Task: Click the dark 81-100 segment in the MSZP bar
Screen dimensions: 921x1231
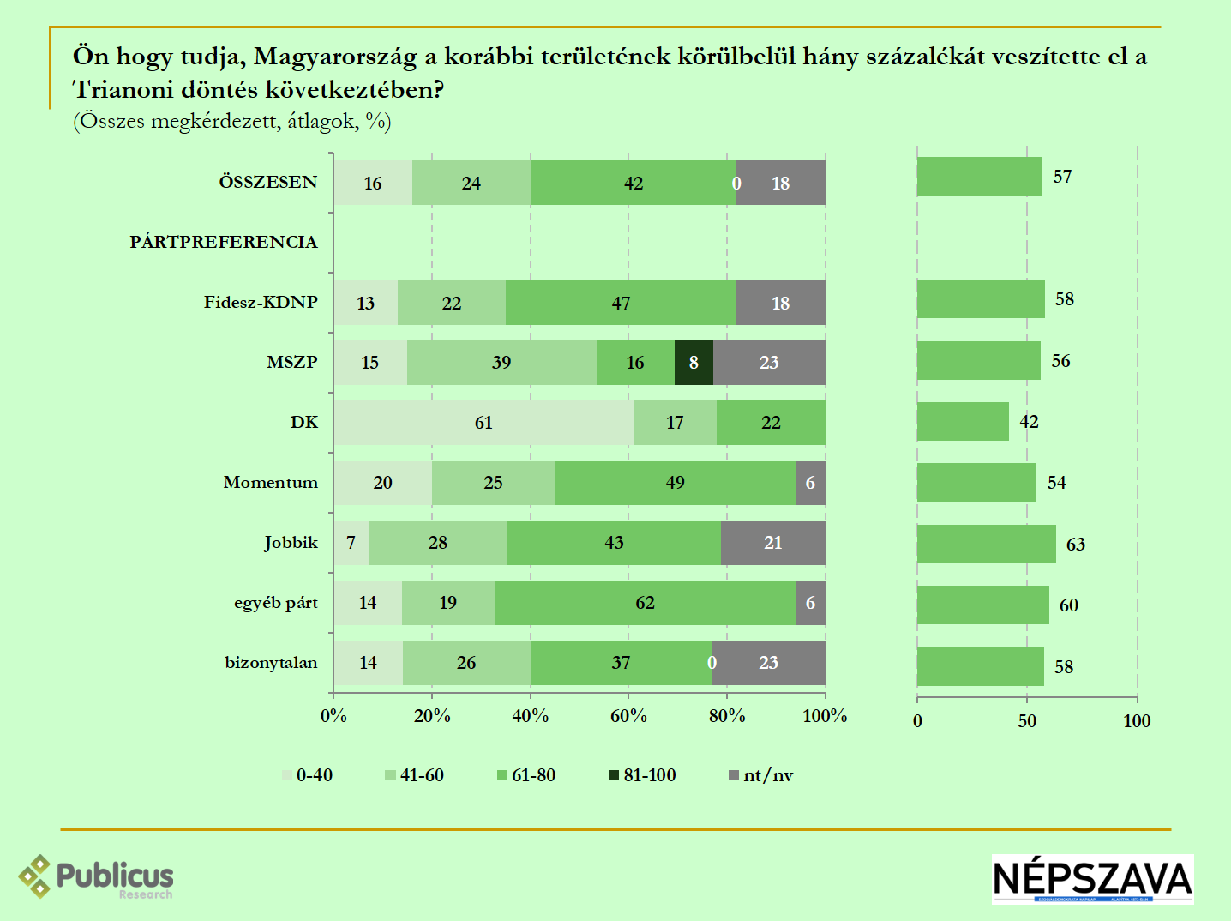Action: pyautogui.click(x=694, y=363)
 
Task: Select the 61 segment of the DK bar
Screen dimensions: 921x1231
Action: pyautogui.click(x=483, y=423)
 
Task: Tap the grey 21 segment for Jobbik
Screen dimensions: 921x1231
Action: pyautogui.click(x=772, y=543)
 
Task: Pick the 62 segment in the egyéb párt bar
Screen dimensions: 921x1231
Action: pyautogui.click(x=645, y=603)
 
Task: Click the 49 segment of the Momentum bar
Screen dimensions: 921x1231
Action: pyautogui.click(x=675, y=483)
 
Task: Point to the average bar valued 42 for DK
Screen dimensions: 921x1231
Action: pyautogui.click(x=963, y=422)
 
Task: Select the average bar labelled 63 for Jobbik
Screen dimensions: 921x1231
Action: pyautogui.click(x=986, y=545)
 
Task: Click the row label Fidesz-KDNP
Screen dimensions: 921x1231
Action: pyautogui.click(x=261, y=302)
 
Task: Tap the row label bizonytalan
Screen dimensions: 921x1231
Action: pyautogui.click(x=271, y=662)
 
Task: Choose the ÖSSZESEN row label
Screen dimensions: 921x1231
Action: pyautogui.click(x=267, y=182)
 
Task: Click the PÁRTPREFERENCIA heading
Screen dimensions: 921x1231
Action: pyautogui.click(x=224, y=242)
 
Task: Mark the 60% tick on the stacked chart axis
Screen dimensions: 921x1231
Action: pyautogui.click(x=628, y=716)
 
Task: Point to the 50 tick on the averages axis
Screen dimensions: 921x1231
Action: pyautogui.click(x=1027, y=721)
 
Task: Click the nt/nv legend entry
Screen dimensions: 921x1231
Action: pyautogui.click(x=760, y=775)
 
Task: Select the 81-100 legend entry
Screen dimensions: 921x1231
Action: pyautogui.click(x=642, y=775)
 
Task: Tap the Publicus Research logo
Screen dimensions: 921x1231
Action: pyautogui.click(x=96, y=877)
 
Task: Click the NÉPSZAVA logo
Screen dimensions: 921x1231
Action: pyautogui.click(x=1092, y=879)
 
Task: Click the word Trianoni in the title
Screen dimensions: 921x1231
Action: pyautogui.click(x=123, y=89)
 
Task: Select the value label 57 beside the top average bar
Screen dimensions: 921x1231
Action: pyautogui.click(x=1062, y=177)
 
